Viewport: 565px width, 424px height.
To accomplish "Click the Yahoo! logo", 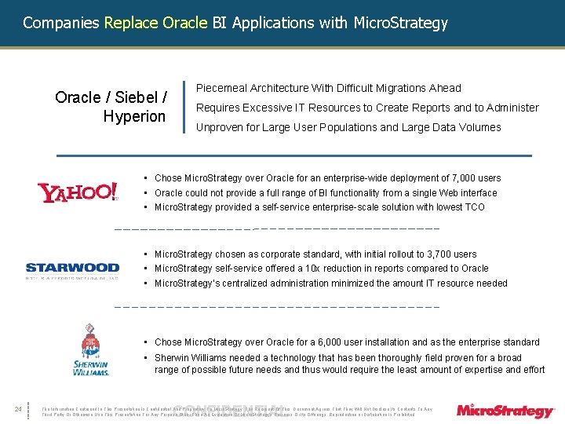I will coord(78,192).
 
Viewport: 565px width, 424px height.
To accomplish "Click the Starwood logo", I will coord(72,269).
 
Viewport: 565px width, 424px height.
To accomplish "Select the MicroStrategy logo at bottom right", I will coord(505,411).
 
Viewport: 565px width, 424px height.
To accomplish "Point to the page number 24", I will coord(17,408).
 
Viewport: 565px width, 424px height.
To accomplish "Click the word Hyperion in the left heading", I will coord(134,117).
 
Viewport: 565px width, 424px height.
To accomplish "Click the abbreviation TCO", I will coord(453,207).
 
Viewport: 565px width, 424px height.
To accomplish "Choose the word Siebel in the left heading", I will coord(137,98).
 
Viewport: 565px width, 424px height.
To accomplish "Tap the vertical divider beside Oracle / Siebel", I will coord(183,106).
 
